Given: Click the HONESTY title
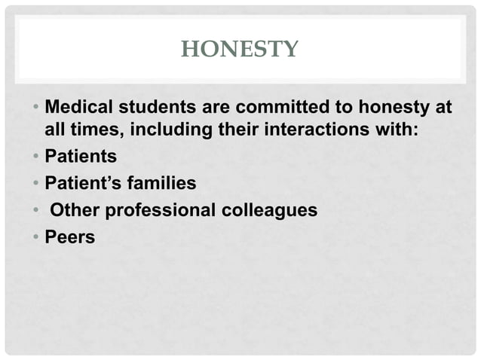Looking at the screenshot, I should [x=240, y=50].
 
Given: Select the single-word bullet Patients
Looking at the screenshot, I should [x=81, y=157].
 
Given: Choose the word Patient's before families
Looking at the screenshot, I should [x=81, y=184].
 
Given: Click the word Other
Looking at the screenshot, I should [x=74, y=210].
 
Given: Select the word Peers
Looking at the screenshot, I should [x=69, y=237].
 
